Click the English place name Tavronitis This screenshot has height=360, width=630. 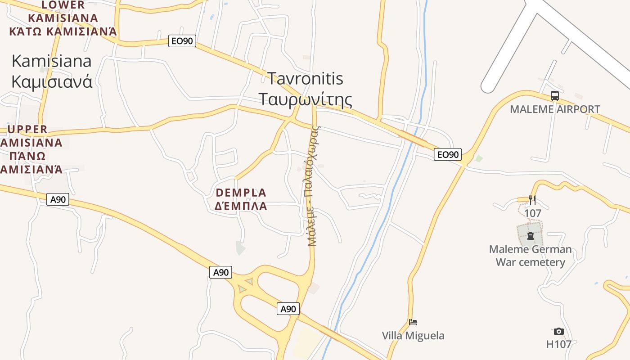click(x=305, y=79)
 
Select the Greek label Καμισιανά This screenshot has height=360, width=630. click(x=52, y=82)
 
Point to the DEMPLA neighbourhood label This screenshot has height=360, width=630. click(x=241, y=193)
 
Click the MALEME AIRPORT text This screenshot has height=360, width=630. click(x=555, y=109)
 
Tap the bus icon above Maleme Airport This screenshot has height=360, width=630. click(x=555, y=96)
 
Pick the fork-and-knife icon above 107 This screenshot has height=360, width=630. click(x=532, y=200)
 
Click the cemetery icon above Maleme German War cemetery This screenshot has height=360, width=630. click(x=531, y=236)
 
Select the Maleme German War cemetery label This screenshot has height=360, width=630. click(x=530, y=256)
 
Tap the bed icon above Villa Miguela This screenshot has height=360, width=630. click(x=413, y=322)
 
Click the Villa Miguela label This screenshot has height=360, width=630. click(x=413, y=336)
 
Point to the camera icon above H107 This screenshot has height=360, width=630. click(x=559, y=332)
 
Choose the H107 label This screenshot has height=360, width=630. click(x=559, y=345)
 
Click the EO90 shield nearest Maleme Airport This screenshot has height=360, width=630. click(x=448, y=155)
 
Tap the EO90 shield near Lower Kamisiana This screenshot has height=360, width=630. click(x=182, y=41)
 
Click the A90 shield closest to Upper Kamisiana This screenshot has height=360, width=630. click(x=58, y=199)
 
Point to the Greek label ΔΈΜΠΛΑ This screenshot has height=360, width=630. click(x=241, y=207)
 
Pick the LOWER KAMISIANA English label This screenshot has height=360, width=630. click(x=63, y=12)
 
